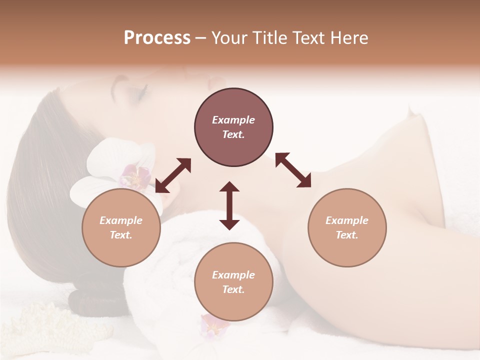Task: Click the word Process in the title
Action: point(157,38)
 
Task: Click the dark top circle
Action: point(233,127)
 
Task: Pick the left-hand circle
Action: point(121,227)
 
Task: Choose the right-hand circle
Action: point(347,227)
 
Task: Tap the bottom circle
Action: point(233,282)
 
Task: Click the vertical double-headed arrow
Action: point(229,205)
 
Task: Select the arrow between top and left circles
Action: point(173,175)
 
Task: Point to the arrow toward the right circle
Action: point(293,170)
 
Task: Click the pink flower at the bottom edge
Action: point(213,325)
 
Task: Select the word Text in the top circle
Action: point(233,134)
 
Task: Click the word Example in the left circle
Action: point(121,220)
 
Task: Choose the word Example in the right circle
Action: point(347,220)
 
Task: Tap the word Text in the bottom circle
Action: point(233,289)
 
